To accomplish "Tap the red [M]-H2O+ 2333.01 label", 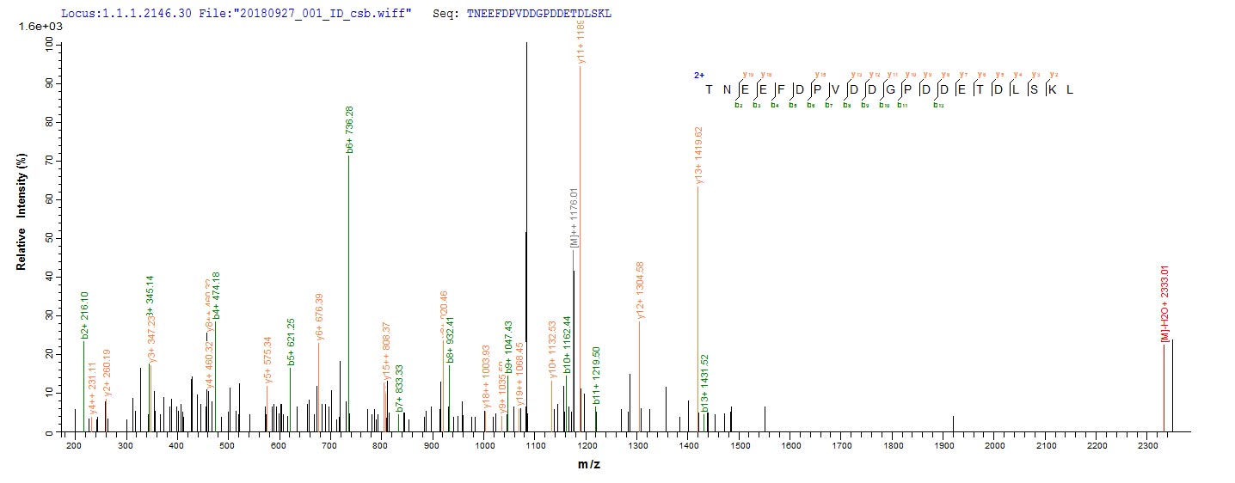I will (1164, 303).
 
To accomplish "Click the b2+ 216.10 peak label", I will (84, 314).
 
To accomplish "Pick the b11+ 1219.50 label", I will (597, 376).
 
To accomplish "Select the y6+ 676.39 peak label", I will (320, 317).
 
